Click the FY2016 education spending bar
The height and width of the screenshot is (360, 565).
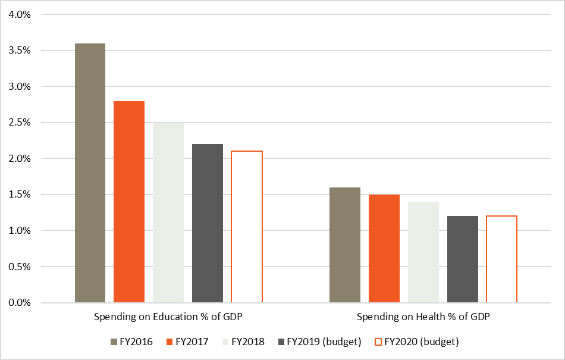(x=90, y=173)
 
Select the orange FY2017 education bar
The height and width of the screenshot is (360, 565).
(x=129, y=202)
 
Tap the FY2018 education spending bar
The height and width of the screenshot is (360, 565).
(x=168, y=212)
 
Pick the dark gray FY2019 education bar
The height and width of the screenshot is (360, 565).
(x=208, y=223)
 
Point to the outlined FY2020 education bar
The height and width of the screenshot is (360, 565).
(x=247, y=227)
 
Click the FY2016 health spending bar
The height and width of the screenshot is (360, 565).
(x=345, y=245)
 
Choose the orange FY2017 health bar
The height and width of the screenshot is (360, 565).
(x=384, y=249)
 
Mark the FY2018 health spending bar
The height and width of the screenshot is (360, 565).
(x=423, y=252)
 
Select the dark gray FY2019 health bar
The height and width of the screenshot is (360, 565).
(x=463, y=259)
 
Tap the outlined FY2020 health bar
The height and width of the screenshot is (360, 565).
(x=502, y=259)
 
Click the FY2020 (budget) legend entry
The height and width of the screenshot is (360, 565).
(x=416, y=342)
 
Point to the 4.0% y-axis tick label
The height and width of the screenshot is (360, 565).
(x=19, y=15)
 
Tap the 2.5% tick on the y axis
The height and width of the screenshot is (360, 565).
(x=19, y=123)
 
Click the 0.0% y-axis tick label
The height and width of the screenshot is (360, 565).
(x=19, y=303)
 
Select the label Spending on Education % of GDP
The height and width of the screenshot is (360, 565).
(x=168, y=316)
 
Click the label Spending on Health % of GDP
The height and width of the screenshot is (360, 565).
(x=423, y=316)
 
